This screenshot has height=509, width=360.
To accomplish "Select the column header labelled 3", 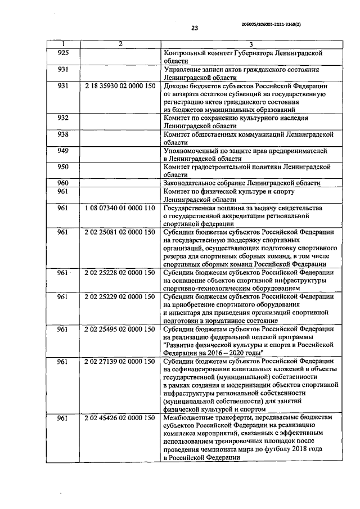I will click(251, 44).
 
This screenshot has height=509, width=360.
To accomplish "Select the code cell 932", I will click(63, 118).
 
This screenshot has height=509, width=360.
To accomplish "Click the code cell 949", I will click(63, 151).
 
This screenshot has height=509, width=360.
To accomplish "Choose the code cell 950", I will click(63, 167).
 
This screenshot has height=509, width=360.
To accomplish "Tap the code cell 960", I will click(63, 183).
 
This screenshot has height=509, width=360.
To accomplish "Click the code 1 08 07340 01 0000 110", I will click(120, 208).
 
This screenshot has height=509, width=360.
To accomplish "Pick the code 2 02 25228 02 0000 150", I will click(120, 272).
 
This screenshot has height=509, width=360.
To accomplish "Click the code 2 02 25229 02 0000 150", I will click(120, 296).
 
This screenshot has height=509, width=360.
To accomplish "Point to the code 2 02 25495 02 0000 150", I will click(120, 329).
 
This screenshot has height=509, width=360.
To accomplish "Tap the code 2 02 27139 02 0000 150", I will click(120, 361).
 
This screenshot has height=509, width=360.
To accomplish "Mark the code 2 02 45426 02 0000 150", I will click(120, 418).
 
